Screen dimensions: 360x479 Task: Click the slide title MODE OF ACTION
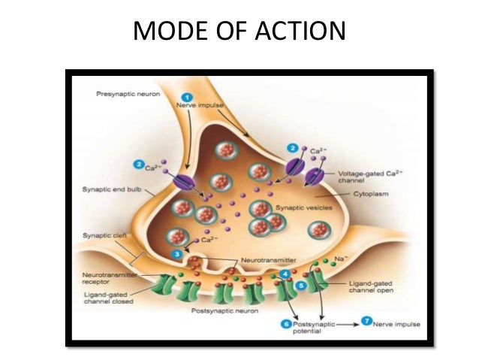(x=239, y=31)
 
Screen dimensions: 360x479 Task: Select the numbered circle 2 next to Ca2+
(x=140, y=164)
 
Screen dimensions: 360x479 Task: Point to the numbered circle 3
(x=176, y=255)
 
